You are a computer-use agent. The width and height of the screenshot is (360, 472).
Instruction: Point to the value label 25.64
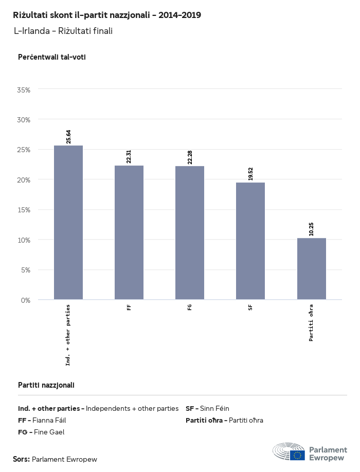pos(68,136)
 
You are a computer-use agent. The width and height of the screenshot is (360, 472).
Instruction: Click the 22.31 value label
pos(129,156)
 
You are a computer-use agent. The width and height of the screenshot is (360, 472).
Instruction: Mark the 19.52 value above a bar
pos(250,173)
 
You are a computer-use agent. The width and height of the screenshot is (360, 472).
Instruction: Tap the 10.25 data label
pos(312,229)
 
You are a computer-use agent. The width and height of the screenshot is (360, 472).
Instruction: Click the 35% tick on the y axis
pos(24,89)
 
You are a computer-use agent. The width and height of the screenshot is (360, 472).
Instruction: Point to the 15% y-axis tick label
pos(24,210)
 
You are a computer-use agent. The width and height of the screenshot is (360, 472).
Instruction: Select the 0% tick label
pos(26,300)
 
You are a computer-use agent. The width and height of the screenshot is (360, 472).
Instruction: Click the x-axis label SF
pos(250,307)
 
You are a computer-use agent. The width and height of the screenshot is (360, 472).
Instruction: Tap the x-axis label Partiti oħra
pos(312,323)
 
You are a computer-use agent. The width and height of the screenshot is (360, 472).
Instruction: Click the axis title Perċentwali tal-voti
pos(52,57)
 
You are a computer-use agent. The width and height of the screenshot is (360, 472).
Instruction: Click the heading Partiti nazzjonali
pos(46,385)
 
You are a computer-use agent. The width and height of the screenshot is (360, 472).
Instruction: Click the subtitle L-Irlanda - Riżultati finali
pos(63,31)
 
